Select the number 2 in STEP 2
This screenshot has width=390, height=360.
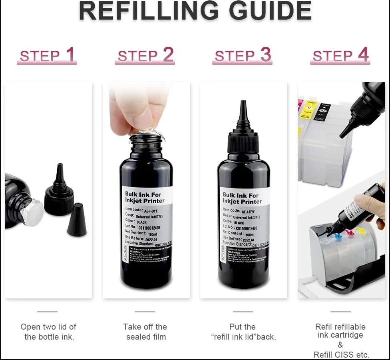coord(168,55)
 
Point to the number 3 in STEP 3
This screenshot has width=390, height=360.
coord(266,55)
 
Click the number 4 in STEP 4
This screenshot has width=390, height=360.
coord(363,55)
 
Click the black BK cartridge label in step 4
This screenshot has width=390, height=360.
coord(324,110)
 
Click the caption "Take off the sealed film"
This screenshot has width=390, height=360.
coord(145,332)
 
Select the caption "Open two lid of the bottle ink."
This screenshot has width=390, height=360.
coord(49,332)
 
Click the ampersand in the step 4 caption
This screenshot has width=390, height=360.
coord(340,345)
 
